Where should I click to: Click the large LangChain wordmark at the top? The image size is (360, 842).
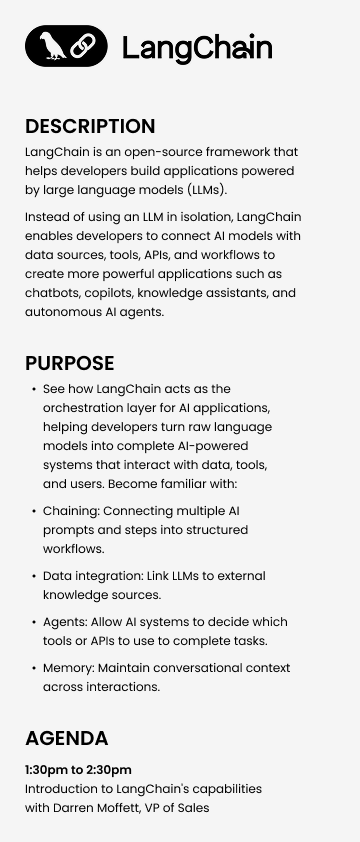pos(197,48)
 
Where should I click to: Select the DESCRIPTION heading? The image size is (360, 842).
pos(90,127)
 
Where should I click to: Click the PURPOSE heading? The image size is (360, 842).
pos(69,363)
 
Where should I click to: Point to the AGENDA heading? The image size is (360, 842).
pos(66,739)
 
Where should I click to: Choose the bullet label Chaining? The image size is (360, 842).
pos(72,511)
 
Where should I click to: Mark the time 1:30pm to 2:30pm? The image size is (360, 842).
pos(78,770)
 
